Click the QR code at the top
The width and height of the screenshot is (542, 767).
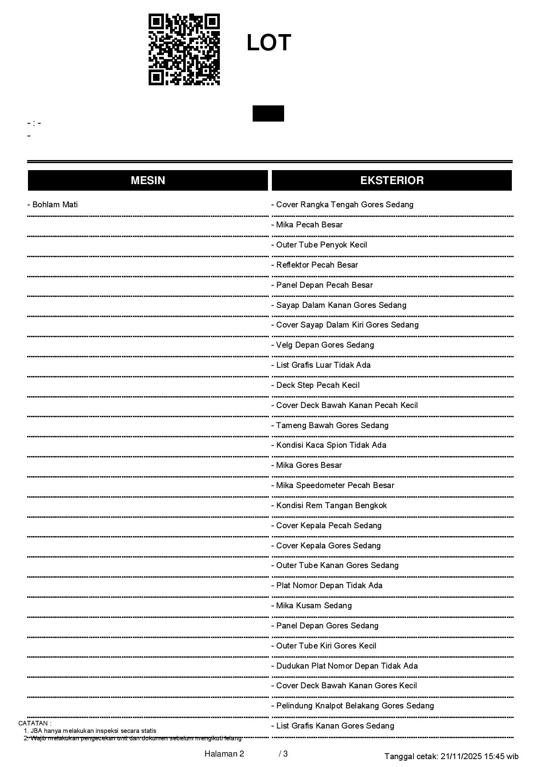click(x=184, y=49)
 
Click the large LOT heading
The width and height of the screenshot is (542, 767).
click(x=269, y=43)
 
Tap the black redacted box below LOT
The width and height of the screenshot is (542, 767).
click(x=268, y=113)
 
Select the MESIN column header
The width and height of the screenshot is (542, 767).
click(x=148, y=180)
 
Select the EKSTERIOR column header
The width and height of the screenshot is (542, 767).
click(x=392, y=180)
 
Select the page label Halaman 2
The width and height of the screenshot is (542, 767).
click(x=224, y=754)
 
